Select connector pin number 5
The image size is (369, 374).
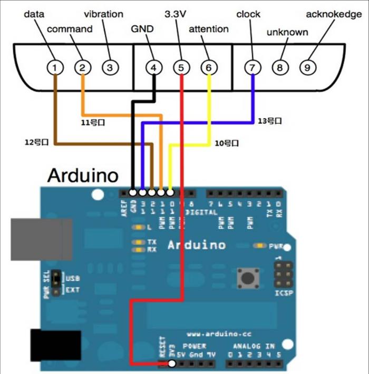181,67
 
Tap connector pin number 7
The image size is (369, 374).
253,67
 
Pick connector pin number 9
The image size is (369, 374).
307,67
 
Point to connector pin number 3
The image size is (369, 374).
109,67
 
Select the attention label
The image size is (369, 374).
208,29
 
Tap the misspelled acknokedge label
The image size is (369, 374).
334,14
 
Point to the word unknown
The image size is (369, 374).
287,33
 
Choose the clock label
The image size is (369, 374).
248,14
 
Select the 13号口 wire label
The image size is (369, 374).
270,121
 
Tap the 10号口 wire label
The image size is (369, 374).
227,142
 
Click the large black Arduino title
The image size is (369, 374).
83,174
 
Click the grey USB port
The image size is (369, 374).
41,238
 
